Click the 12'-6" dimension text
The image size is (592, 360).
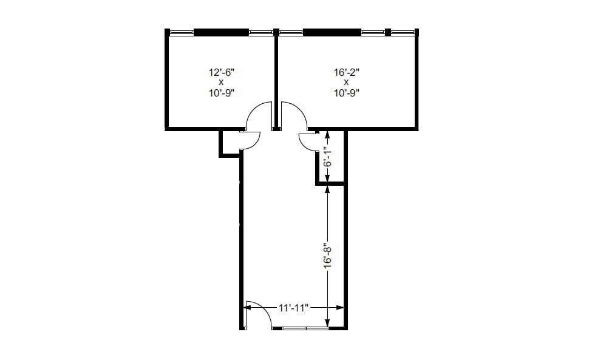click(221, 72)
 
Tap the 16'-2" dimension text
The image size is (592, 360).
click(346, 72)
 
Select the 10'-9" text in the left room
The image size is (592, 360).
click(221, 93)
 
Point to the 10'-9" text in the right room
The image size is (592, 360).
click(346, 93)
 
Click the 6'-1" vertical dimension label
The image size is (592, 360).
click(327, 156)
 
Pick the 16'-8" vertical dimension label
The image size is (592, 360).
click(327, 256)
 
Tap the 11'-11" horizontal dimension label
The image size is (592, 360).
click(294, 308)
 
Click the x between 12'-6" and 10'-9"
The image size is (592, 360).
click(221, 82)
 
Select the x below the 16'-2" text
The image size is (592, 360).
click(346, 82)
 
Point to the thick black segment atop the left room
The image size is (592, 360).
click(221, 32)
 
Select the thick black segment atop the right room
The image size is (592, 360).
click(332, 32)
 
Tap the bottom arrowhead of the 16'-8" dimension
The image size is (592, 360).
click(327, 324)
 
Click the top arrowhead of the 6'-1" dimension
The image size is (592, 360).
click(327, 133)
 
